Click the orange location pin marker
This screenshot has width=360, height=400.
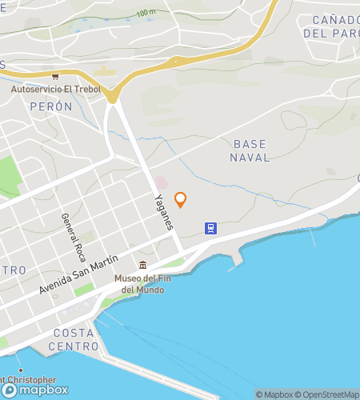[x=180, y=199]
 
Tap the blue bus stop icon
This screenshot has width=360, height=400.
[x=210, y=228]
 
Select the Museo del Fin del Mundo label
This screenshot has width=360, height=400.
[x=139, y=284]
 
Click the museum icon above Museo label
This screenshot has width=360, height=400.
[x=142, y=266]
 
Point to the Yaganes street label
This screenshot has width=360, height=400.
[x=163, y=211]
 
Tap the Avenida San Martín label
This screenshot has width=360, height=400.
[x=78, y=275]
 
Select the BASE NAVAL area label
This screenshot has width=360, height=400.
[x=250, y=151]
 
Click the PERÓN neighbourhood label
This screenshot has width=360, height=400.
[x=50, y=106]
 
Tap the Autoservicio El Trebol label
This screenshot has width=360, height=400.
[x=56, y=89]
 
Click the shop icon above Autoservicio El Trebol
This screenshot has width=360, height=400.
[x=54, y=78]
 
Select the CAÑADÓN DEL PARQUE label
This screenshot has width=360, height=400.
[x=330, y=26]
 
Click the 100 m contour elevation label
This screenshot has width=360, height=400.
[x=146, y=13]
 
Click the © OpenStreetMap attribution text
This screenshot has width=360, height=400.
[x=329, y=394]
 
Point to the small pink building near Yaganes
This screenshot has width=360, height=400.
[x=161, y=182]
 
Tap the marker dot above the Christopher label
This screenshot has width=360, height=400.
[x=20, y=371]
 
